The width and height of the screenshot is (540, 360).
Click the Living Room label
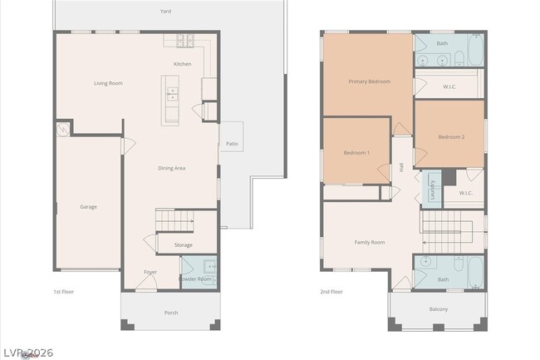pos(108,83)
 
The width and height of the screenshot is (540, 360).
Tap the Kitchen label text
pos(182,64)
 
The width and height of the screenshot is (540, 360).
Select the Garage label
pos(89,206)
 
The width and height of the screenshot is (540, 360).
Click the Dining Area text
pos(171,168)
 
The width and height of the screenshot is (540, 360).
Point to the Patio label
pos(232,144)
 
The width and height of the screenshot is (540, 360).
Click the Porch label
pos(171,313)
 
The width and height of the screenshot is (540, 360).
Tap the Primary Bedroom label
pos(369,81)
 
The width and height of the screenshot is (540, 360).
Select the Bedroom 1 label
pos(356,153)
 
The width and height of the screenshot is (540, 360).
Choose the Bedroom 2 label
pos(451,136)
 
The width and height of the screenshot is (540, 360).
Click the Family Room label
pos(370,242)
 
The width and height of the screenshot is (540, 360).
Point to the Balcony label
pos(439,309)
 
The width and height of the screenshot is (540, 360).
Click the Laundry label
pos(432,190)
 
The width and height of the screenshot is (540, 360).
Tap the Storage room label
pos(184,245)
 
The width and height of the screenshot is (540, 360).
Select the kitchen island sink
pos(172,93)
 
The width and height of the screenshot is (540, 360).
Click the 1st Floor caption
pos(65,292)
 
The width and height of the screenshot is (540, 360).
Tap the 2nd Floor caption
pos(331,292)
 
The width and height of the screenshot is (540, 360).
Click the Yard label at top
pos(166,12)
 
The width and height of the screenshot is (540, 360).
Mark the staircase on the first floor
pos(174,219)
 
